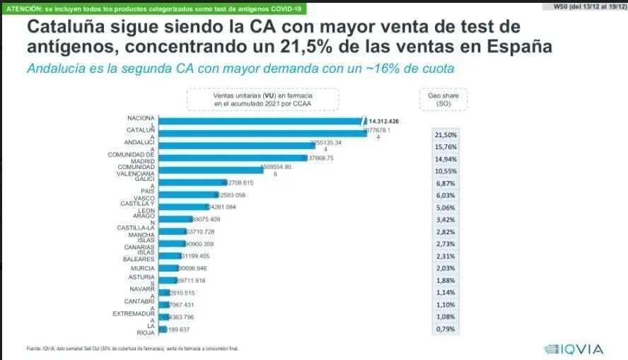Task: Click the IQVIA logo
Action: (x=575, y=349)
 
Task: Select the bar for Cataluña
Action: (x=262, y=133)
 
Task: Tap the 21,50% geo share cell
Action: (x=445, y=134)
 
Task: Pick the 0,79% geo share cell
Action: (x=445, y=330)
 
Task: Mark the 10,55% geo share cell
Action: (x=445, y=170)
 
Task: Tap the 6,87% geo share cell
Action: (x=445, y=182)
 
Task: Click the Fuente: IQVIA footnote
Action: (x=127, y=348)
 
